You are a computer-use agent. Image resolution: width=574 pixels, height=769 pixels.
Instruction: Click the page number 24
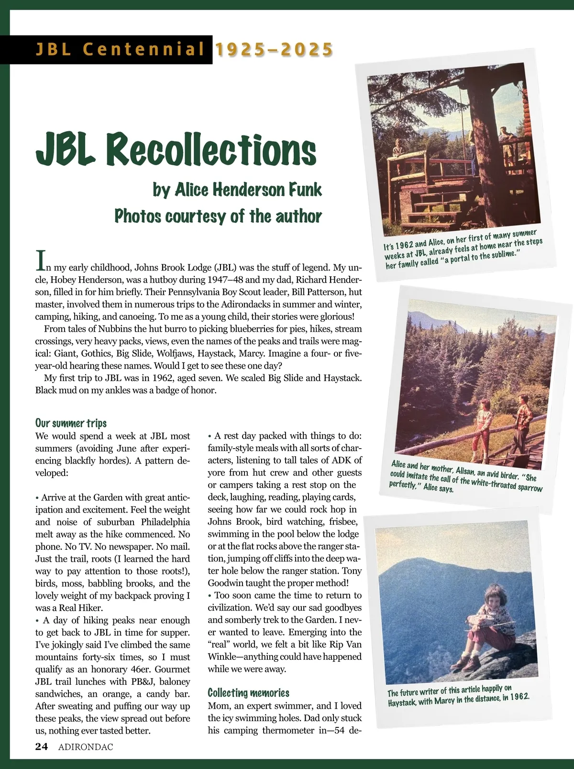pos(42,746)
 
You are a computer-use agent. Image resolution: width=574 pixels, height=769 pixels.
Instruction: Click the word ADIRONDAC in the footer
pos(86,747)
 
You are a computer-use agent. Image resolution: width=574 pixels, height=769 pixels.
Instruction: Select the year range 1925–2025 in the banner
pos(274,50)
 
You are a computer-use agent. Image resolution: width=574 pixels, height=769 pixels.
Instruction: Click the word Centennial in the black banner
pos(143,50)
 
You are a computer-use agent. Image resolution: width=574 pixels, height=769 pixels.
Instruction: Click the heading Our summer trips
pos(71,423)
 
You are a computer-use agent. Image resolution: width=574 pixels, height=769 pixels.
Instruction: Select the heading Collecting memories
pos(248,693)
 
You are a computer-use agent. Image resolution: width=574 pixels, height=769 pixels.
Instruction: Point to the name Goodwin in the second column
pos(227,583)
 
